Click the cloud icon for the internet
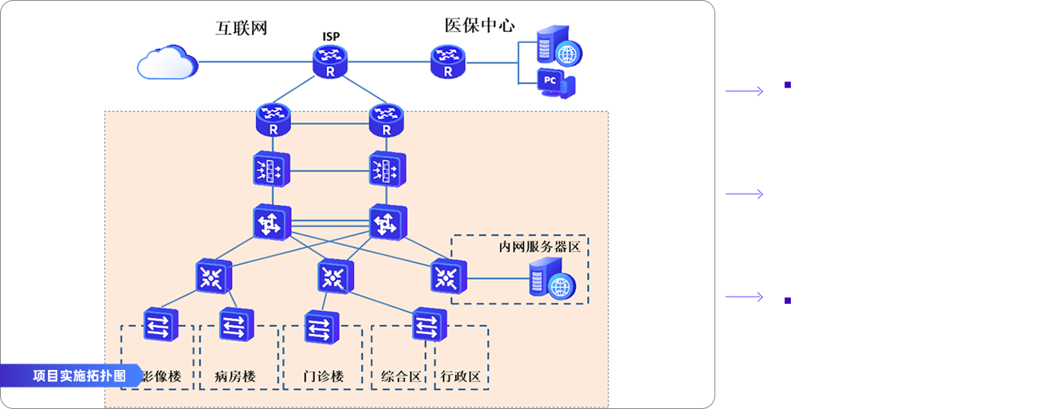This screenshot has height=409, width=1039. point(167,61)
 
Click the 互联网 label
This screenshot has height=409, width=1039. point(241,29)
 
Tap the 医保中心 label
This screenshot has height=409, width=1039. point(479,26)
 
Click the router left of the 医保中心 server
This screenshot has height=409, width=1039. point(448,61)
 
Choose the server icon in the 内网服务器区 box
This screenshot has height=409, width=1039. point(549,280)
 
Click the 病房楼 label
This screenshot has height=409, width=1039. point(235,376)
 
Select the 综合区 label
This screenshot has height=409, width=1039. point(400,376)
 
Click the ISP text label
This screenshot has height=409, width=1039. point(330,37)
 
